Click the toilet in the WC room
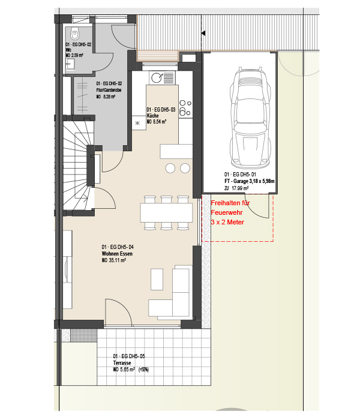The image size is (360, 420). (75, 34)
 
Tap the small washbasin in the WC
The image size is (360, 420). (70, 64)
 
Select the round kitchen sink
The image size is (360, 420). (157, 77)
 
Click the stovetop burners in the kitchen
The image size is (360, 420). (185, 107)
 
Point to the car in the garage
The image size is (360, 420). (250, 116)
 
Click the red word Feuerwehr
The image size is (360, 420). (227, 212)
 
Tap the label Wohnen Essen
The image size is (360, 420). (117, 254)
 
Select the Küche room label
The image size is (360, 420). (152, 116)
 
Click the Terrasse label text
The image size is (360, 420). (122, 363)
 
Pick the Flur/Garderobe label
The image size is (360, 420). (109, 90)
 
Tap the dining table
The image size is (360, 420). (166, 212)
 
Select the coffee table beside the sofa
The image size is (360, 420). (157, 280)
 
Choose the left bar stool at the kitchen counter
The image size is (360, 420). (170, 168)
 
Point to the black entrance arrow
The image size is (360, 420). (203, 33)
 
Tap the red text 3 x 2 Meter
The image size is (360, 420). (227, 223)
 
